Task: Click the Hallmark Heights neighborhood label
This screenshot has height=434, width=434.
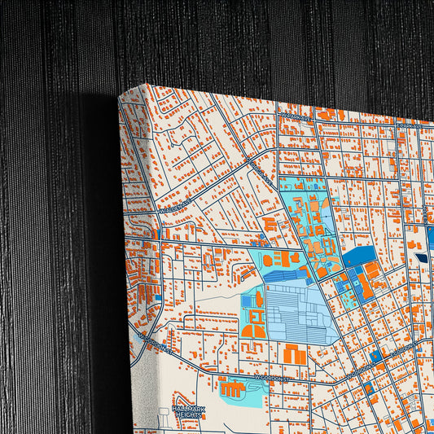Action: click(x=186, y=411)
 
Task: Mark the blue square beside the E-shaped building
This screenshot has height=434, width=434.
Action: click(x=247, y=300)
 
